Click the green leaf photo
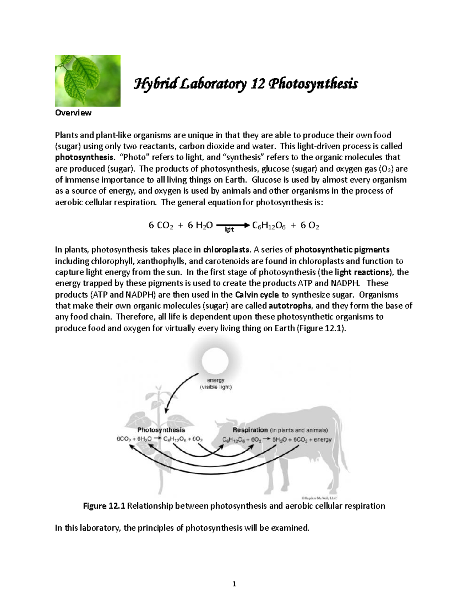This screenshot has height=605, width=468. (87, 81)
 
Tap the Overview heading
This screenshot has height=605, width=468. (73, 113)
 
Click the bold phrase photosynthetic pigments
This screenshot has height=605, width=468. (342, 249)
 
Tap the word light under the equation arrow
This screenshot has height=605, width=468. (229, 230)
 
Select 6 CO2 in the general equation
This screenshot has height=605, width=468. (161, 226)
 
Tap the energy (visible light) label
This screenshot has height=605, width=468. (216, 384)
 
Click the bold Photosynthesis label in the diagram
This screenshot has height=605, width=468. (161, 430)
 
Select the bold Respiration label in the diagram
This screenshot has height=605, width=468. (250, 430)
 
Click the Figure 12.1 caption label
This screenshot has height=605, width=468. (104, 506)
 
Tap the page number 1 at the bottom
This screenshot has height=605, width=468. (234, 584)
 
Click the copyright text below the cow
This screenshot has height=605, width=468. (319, 497)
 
